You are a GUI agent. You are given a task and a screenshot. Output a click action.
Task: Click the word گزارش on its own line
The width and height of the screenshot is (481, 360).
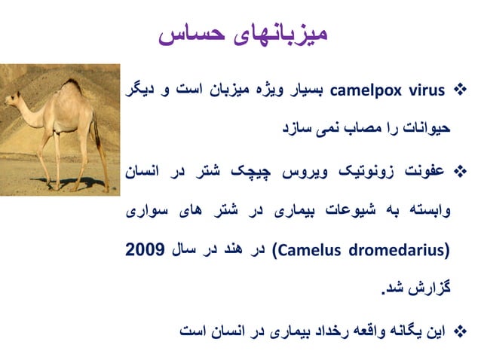pos(428,289)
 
